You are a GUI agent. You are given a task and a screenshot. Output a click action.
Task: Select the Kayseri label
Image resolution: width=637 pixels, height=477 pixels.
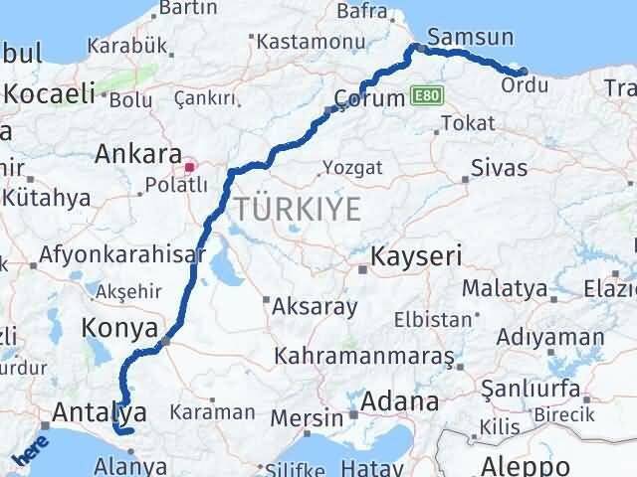click(416, 256)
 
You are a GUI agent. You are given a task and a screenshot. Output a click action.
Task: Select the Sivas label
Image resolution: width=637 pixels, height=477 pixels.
click(499, 167)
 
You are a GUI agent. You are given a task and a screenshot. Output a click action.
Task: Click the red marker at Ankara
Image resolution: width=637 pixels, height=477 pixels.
click(189, 155)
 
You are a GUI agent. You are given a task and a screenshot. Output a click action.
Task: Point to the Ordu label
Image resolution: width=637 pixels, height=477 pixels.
click(525, 85)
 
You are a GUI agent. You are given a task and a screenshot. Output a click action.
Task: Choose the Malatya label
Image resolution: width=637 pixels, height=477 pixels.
click(504, 289)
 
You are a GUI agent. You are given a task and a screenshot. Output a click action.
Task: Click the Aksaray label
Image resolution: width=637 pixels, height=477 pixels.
click(314, 306)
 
